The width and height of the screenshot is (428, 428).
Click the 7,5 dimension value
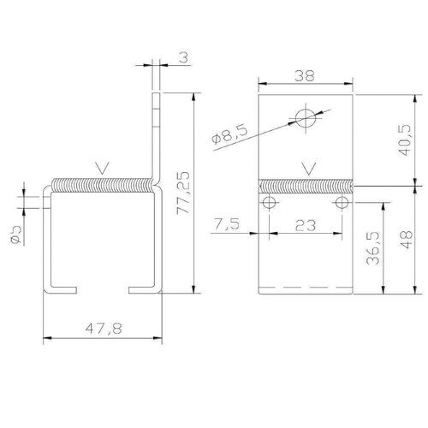229,223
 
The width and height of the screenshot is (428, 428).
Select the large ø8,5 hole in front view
304,117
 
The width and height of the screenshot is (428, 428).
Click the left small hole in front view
270,203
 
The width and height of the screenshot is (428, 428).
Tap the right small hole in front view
342,203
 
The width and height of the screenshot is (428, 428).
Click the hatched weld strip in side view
103,185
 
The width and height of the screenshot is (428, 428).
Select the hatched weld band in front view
306,186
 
